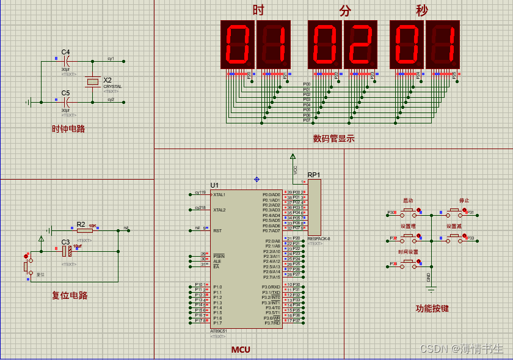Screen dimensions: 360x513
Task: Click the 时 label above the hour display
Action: (258, 10)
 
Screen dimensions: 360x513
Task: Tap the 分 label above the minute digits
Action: (346, 10)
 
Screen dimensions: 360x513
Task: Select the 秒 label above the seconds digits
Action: (422, 10)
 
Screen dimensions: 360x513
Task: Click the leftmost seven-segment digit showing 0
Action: (238, 44)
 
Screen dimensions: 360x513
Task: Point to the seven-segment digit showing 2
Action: (361, 44)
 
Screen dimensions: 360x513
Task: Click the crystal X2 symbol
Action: (93, 81)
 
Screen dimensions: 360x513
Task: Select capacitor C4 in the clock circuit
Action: (68, 61)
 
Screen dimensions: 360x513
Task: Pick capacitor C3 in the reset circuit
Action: (68, 251)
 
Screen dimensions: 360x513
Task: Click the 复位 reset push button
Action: (26, 266)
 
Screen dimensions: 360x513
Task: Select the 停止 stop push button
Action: (454, 213)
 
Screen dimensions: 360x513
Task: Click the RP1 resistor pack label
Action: (313, 174)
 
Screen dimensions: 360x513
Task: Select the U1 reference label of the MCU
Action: (214, 185)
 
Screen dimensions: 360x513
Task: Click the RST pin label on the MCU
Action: (217, 230)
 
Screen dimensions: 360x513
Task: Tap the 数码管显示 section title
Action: (333, 139)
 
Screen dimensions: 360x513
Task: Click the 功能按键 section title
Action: (432, 309)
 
